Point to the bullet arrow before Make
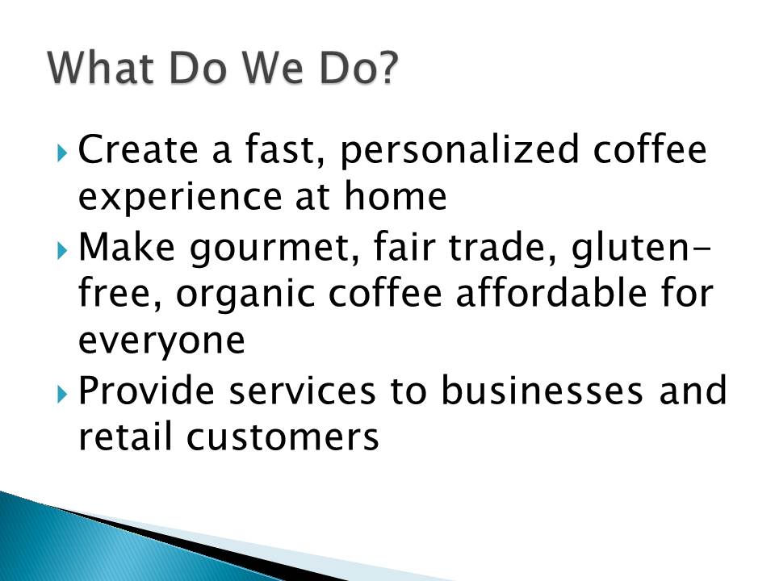click(x=62, y=250)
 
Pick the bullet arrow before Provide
click(x=62, y=395)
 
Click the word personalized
click(x=459, y=150)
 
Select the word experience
click(x=180, y=198)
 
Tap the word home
click(x=396, y=195)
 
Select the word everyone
click(x=161, y=342)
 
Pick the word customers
click(x=283, y=437)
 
